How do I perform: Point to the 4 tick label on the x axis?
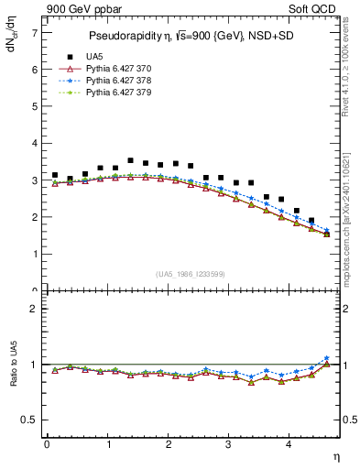coord(289,444)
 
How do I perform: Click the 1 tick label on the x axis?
coord(108,444)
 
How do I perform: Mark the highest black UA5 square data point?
coord(130,160)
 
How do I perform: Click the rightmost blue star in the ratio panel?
coord(327,358)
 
